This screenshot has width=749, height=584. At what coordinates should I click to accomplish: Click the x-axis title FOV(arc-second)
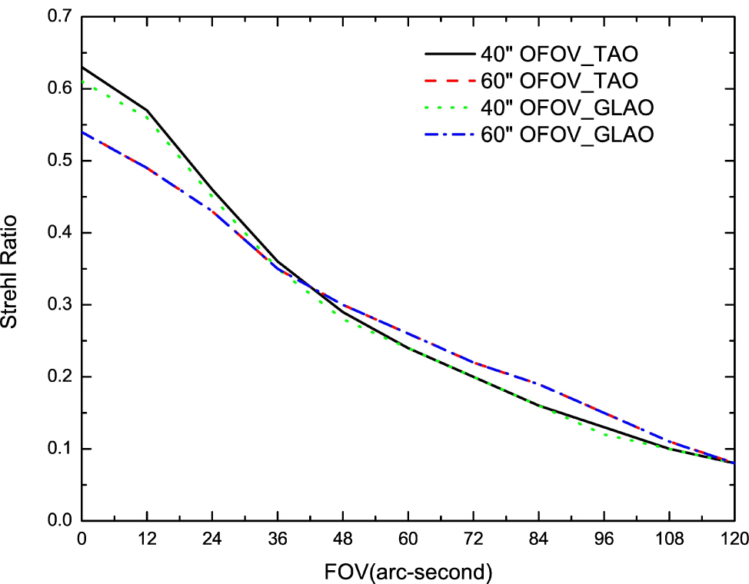click(408, 572)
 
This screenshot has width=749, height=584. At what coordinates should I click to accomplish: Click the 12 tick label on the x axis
click(147, 539)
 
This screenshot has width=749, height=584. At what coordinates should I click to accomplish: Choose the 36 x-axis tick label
click(278, 539)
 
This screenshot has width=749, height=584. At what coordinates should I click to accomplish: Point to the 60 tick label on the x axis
click(408, 539)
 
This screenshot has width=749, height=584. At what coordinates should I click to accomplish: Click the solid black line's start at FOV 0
click(82, 68)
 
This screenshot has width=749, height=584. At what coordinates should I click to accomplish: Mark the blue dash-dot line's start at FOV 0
click(82, 132)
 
